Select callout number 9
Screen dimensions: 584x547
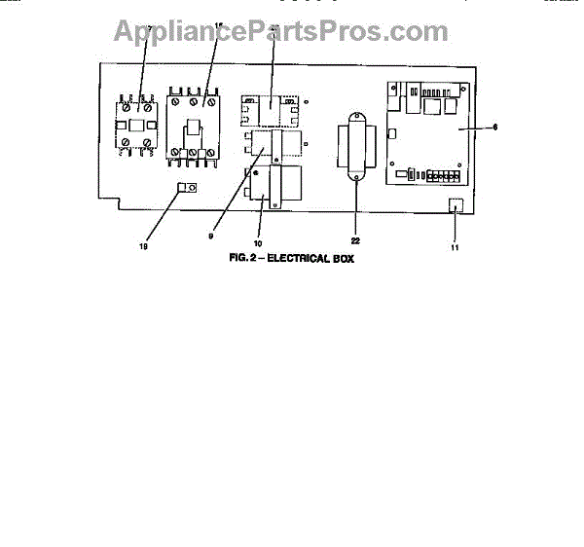(x=212, y=235)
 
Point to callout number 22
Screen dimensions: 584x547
(x=356, y=240)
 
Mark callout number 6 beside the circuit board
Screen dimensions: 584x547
(x=495, y=127)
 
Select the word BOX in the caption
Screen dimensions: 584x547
(x=343, y=260)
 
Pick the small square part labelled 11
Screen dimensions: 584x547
(x=454, y=204)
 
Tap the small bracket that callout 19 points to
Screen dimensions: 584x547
(x=186, y=188)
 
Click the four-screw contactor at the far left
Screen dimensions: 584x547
(x=134, y=124)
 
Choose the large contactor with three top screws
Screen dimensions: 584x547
(x=195, y=127)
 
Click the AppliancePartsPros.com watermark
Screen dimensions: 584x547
(x=281, y=31)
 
